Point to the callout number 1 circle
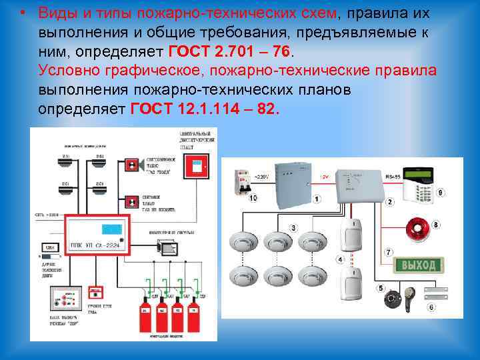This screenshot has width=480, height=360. point(317,199)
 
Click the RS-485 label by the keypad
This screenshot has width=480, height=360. point(394,177)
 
